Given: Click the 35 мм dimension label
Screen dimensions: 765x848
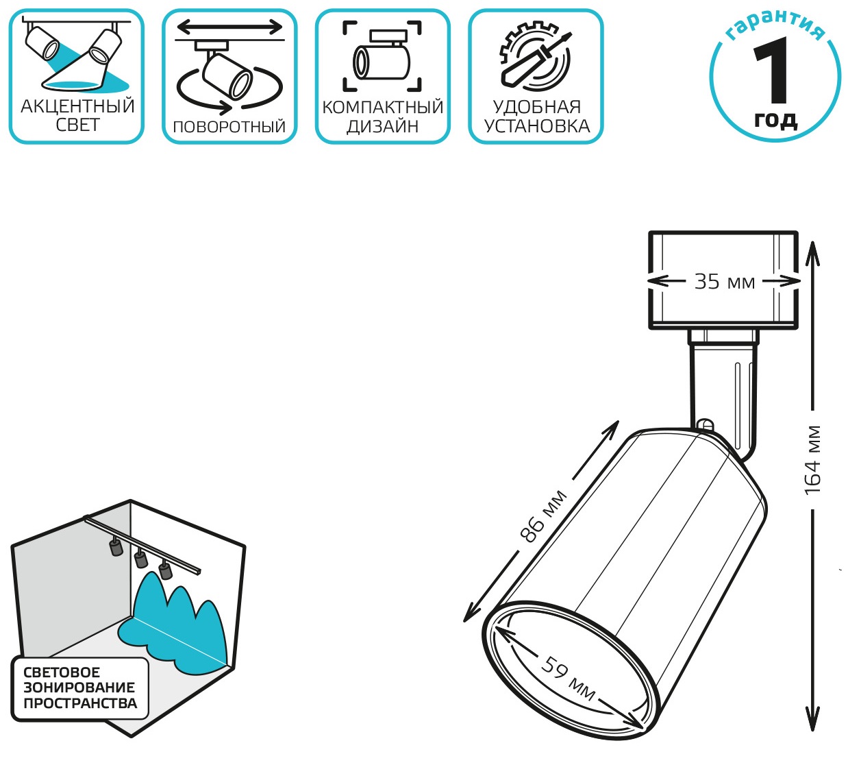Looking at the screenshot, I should (x=724, y=282).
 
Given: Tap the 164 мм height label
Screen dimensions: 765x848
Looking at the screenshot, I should (x=812, y=460).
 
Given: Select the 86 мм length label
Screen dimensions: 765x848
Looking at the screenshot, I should (x=545, y=516).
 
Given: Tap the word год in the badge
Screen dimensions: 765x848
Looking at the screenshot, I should (x=775, y=120).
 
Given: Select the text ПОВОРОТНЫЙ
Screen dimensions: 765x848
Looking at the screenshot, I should (x=229, y=127).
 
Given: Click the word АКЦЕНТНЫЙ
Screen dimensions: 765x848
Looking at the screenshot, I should (x=77, y=106).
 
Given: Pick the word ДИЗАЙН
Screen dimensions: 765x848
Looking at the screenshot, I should (x=382, y=127).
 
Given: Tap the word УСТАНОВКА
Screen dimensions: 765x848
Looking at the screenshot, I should (x=536, y=127).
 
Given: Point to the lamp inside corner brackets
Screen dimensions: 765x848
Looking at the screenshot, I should (x=382, y=58).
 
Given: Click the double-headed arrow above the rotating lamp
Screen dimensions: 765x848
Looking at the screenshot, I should (x=229, y=27).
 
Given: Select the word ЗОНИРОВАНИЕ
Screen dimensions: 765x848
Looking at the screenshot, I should (x=79, y=688).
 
